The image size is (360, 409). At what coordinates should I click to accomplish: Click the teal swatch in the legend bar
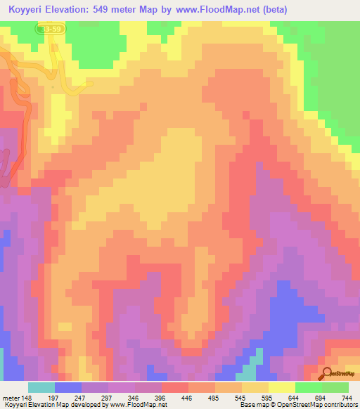(x=41, y=387)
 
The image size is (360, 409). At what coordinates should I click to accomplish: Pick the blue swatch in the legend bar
(x=68, y=387)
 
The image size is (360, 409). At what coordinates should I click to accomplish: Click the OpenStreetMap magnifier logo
(x=328, y=372)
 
